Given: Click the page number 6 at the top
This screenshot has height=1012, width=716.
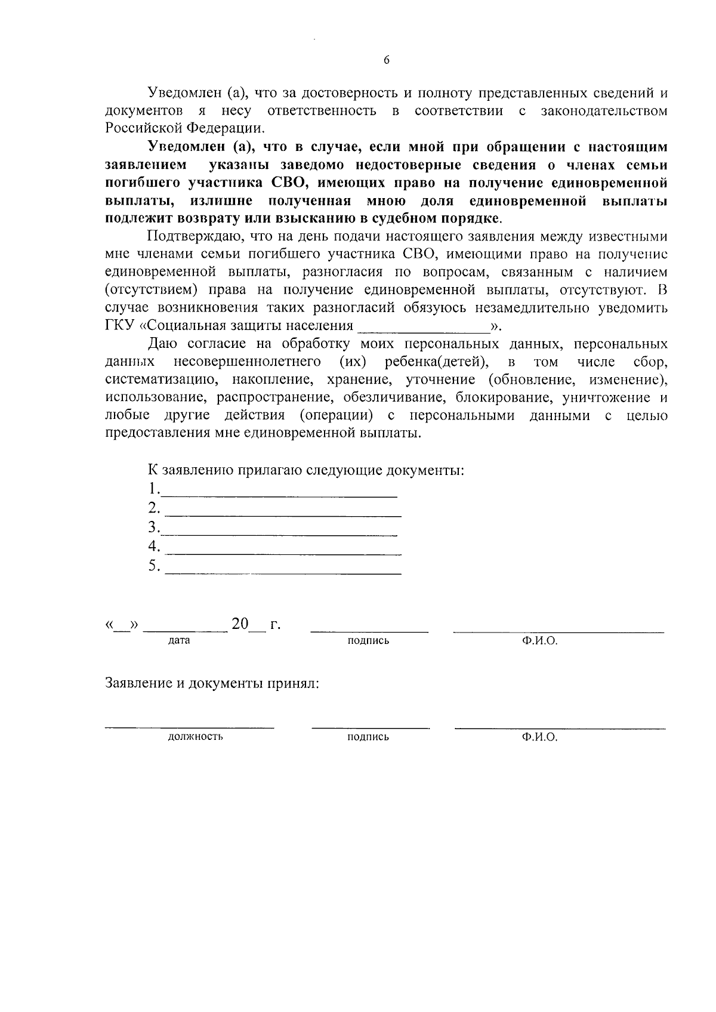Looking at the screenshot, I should tap(387, 60).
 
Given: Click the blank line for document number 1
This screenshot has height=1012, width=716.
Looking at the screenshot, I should tap(279, 495).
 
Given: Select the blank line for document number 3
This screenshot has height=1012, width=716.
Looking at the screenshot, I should tap(279, 534).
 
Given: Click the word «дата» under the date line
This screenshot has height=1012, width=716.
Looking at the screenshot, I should tap(179, 641).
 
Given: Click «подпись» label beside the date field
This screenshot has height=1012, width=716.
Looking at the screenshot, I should tap(368, 641).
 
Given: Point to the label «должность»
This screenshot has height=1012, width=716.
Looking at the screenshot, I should tap(195, 737).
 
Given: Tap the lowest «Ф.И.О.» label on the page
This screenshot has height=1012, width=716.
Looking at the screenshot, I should tap(539, 738).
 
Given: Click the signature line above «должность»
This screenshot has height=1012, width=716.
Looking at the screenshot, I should tap(190, 726).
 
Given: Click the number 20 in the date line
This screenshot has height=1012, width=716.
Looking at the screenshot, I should tap(239, 624).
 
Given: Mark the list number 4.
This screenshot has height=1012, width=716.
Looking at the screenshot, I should tap(154, 546).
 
